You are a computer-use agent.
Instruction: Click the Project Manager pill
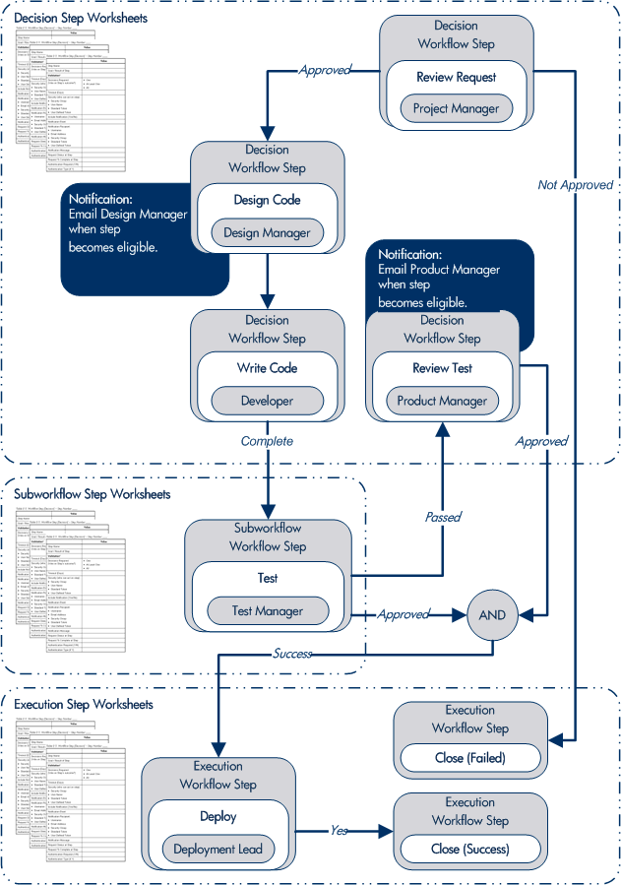point(456,108)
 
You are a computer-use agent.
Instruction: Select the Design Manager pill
point(267,232)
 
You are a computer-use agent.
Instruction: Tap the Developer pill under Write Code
point(267,401)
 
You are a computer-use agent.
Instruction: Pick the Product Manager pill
point(442,401)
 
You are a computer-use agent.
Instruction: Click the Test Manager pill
point(267,610)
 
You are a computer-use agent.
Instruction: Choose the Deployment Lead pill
point(217,850)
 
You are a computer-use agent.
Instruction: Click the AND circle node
point(492,614)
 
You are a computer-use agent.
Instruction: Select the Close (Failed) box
point(470,759)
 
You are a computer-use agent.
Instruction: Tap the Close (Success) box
point(470,849)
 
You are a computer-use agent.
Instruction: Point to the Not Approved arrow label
point(575,184)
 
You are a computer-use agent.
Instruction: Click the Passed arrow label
point(443,517)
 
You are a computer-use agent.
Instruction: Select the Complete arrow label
point(268,441)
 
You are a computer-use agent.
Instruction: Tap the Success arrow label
point(292,653)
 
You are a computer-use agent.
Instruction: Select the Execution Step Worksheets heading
point(84,705)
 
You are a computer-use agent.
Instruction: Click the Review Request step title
point(456,77)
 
